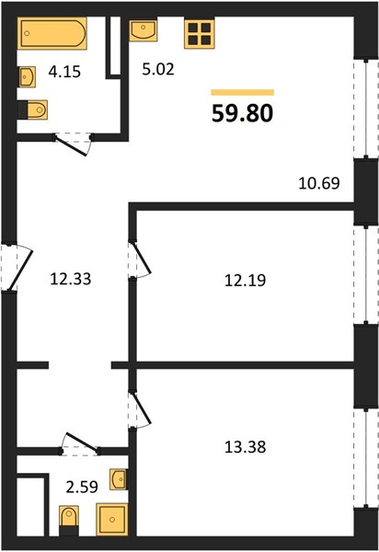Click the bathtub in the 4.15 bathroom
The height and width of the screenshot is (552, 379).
[52, 33]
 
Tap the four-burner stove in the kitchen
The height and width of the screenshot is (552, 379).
[200, 33]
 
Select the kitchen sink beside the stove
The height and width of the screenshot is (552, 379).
[143, 29]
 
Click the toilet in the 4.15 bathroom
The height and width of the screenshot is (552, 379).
[32, 109]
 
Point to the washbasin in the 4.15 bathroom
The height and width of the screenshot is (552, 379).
[27, 76]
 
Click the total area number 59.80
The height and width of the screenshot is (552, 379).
[243, 114]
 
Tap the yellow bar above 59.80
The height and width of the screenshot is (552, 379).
[243, 92]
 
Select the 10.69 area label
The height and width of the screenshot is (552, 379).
[319, 183]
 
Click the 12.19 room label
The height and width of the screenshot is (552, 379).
[246, 281]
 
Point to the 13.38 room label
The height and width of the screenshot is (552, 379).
[246, 447]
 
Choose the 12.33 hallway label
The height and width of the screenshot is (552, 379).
[71, 279]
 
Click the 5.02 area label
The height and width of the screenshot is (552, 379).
[158, 69]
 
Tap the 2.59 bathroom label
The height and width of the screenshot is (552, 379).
[82, 488]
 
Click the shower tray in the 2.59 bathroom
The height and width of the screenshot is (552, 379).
[112, 519]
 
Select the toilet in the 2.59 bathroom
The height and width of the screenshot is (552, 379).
[69, 521]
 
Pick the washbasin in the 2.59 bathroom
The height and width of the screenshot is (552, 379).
[119, 478]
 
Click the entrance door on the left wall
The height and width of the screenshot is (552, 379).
[16, 268]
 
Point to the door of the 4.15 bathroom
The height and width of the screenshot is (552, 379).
[74, 144]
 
